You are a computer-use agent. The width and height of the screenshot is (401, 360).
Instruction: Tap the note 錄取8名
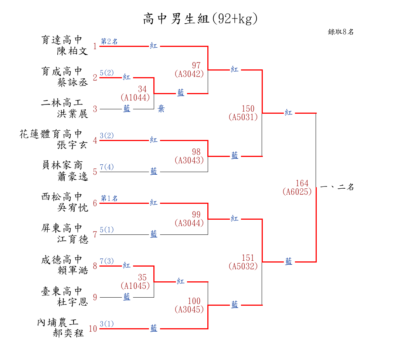pos(341,32)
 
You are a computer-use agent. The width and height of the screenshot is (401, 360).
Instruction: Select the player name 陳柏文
pos(72,51)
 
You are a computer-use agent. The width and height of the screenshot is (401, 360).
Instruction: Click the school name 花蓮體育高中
pos(51,134)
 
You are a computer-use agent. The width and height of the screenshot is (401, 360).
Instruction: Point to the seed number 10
pos(93,329)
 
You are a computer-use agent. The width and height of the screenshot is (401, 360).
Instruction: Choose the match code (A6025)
pos(297,192)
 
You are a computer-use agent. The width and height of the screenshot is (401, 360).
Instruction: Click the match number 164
pos(302,183)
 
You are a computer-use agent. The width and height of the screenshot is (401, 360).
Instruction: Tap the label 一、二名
pos(337,187)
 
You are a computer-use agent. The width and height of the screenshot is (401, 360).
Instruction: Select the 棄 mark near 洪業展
pos(161,109)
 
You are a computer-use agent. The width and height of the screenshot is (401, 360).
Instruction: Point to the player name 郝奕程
pos(68,333)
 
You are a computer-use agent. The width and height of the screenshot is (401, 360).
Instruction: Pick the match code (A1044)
pos(135,97)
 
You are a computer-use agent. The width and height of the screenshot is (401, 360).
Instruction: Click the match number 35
pos(142,277)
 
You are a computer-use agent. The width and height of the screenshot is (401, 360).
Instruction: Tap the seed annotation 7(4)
pos(107,167)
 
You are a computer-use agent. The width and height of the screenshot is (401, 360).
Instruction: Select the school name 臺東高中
pos(62,291)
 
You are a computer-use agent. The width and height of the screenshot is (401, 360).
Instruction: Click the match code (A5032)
pos(243,266)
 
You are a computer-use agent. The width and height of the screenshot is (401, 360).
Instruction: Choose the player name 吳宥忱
pos(72,208)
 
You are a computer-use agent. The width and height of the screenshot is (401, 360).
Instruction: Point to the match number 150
pos(248,109)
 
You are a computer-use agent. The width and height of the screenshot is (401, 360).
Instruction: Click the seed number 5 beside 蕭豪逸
pos(95,172)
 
